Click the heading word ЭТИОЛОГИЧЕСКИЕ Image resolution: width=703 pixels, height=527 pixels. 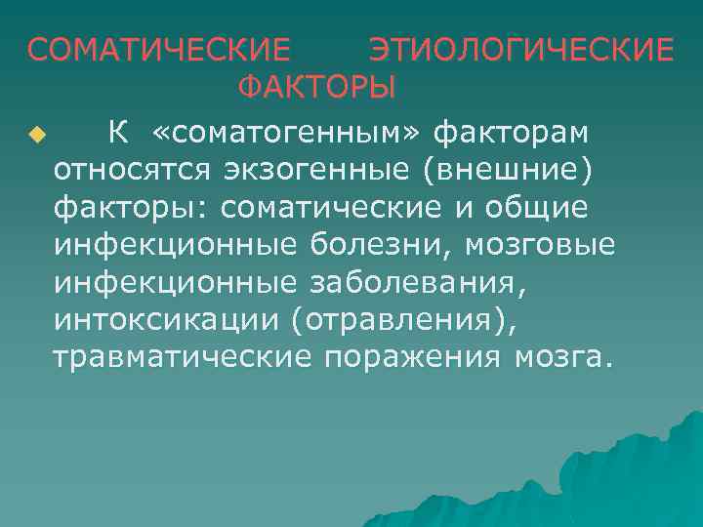521,49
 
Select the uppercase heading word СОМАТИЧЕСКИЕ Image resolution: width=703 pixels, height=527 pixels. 158,49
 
